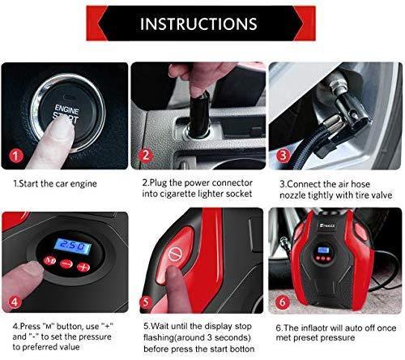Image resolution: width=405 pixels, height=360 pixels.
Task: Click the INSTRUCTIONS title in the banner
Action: [x=198, y=24]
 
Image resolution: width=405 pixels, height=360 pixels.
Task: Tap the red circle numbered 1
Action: [x=16, y=156]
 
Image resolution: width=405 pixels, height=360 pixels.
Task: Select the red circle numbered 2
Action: [x=146, y=156]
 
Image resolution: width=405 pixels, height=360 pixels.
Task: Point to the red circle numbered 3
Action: [x=283, y=156]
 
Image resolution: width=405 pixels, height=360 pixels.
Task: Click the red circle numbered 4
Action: [x=15, y=302]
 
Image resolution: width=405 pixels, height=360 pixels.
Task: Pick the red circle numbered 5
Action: [x=146, y=302]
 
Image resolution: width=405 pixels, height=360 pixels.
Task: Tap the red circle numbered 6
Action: [x=283, y=302]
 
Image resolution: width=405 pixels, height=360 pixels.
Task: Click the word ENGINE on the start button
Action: [x=66, y=109]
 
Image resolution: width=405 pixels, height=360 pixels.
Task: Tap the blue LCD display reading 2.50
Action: [x=73, y=246]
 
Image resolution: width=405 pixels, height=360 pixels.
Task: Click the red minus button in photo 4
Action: [x=66, y=264]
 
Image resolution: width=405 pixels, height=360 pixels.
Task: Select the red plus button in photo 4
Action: [x=83, y=267]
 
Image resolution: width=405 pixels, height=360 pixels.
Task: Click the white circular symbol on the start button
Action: [x=173, y=255]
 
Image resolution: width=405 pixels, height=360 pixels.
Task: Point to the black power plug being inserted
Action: [x=199, y=114]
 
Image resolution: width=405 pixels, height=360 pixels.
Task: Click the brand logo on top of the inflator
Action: [x=327, y=225]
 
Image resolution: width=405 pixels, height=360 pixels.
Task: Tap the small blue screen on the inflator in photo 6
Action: [x=324, y=250]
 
